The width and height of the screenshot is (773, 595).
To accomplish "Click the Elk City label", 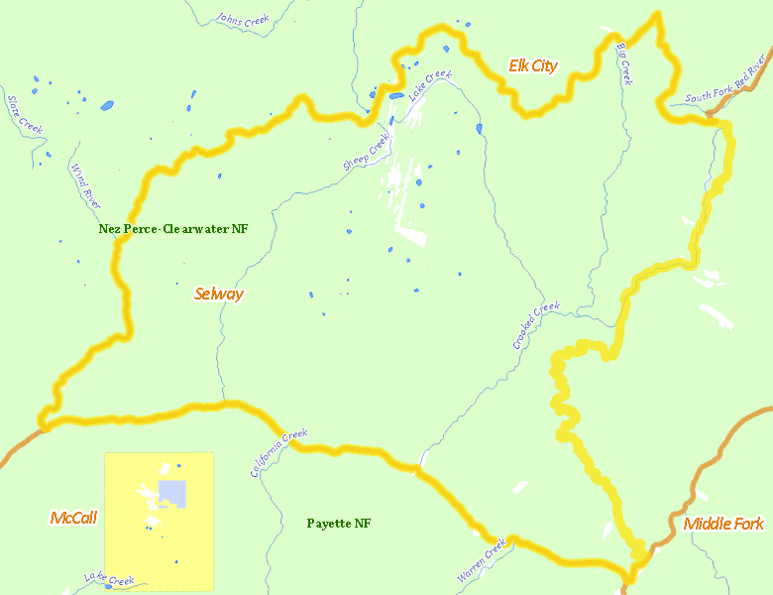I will (533, 66).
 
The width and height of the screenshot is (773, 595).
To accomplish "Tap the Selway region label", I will (219, 294).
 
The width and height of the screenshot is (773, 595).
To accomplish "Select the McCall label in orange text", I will (73, 518).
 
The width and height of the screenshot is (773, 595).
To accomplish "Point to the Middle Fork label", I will (723, 524).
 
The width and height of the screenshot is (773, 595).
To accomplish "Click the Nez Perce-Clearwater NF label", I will (173, 229).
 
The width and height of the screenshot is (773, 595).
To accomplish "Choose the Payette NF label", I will (339, 523).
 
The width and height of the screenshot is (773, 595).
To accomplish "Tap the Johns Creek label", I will (242, 19).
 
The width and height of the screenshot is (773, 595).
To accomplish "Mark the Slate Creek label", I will (25, 114).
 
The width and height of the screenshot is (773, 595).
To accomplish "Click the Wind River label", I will (85, 186).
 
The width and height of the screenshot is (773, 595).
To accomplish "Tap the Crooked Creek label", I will (536, 325).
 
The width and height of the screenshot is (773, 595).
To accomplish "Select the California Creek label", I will (278, 453).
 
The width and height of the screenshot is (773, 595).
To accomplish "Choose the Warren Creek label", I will (482, 560).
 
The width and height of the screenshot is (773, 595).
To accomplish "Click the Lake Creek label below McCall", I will (109, 579).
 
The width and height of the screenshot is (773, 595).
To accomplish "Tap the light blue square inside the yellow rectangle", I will (172, 492).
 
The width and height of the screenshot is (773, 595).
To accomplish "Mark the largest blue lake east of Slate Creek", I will (106, 105).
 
